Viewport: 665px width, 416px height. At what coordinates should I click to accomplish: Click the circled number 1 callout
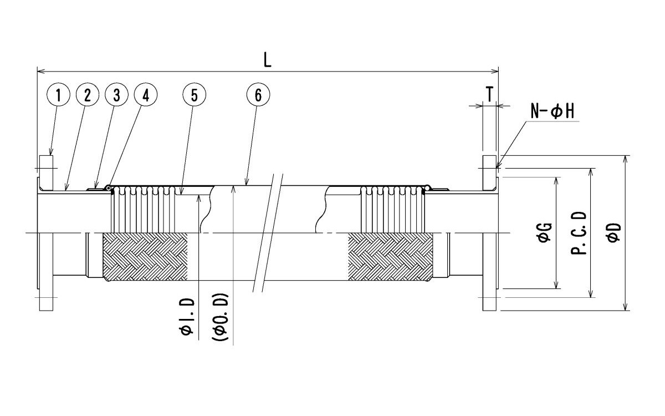point(58,95)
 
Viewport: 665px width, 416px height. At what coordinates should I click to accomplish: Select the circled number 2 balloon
point(88,95)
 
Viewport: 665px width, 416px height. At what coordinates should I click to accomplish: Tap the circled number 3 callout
point(116,95)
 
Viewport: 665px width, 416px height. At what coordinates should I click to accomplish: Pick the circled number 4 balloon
point(146,95)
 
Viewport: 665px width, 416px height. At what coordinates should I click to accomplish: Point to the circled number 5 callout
point(194,95)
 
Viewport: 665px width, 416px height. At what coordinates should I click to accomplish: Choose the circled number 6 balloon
point(258,95)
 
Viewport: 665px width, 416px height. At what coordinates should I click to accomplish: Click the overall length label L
point(268,60)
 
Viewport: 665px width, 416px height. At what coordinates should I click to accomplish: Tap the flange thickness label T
point(490,94)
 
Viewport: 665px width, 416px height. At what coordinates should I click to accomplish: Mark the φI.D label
point(187,316)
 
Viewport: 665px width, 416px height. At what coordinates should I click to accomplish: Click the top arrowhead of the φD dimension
point(625,159)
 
